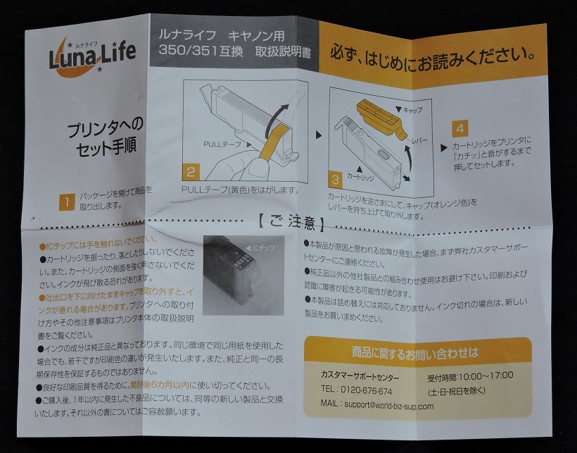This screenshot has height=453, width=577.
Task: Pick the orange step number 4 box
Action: click(459, 130)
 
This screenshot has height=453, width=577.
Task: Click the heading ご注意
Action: click(291, 225)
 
